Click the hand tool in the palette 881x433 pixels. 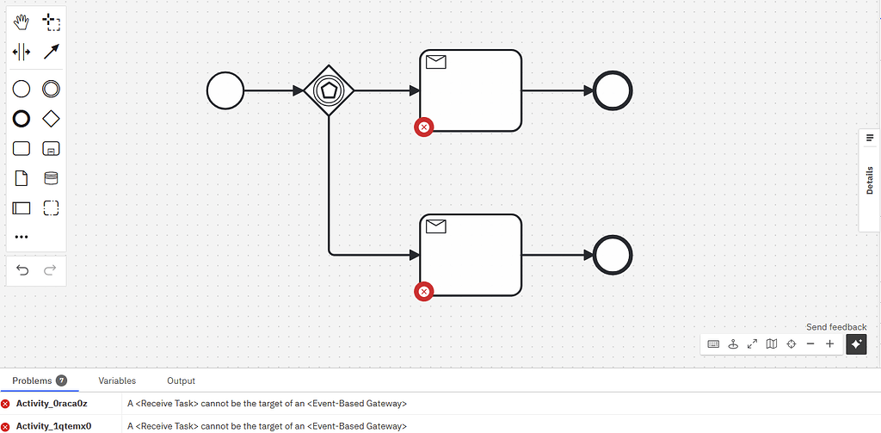pos(22,22)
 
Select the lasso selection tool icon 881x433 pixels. pos(51,22)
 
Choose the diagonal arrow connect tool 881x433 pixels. pos(51,52)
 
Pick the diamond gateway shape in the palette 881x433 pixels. pos(51,118)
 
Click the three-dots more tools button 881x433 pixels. pos(22,237)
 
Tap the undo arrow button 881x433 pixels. pos(22,270)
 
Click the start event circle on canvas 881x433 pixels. pos(225,90)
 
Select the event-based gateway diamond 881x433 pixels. pos(330,90)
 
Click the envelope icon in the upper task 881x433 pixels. pos(436,62)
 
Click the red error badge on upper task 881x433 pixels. pos(423,127)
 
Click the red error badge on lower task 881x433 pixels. pos(423,292)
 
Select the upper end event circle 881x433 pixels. pos(613,90)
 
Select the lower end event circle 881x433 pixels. pos(613,256)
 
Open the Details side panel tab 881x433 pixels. pos(869,180)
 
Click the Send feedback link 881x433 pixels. pos(835,327)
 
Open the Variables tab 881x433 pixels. pos(117,380)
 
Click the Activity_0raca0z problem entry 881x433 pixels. pos(52,403)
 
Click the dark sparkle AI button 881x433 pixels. pos(856,344)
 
